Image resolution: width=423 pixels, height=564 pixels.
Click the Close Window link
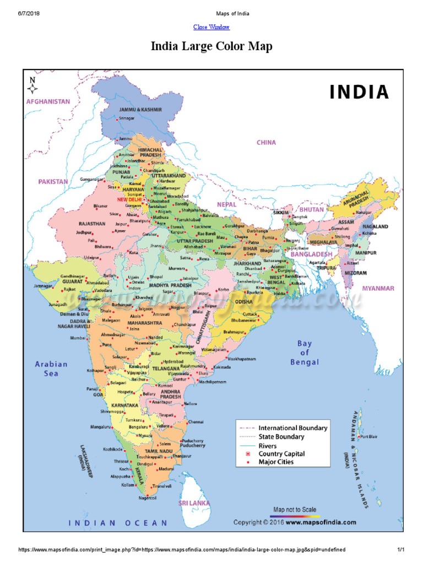(x=211, y=27)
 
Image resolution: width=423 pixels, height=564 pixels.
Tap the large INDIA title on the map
(x=359, y=93)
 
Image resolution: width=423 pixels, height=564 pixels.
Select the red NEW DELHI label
(x=129, y=199)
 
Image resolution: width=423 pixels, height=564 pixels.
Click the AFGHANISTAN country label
(x=48, y=101)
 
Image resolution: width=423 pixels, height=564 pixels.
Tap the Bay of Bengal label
(x=304, y=352)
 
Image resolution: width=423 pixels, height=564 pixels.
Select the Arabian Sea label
(x=51, y=368)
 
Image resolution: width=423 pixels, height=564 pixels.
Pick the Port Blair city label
(x=370, y=437)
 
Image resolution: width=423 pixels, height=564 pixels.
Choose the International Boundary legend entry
(x=292, y=428)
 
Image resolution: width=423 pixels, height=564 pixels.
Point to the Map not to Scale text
(x=295, y=509)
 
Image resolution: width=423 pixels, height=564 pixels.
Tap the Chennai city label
(x=196, y=421)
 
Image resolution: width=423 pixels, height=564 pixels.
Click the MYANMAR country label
(x=378, y=288)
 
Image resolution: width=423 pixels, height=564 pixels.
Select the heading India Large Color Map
(x=211, y=47)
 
